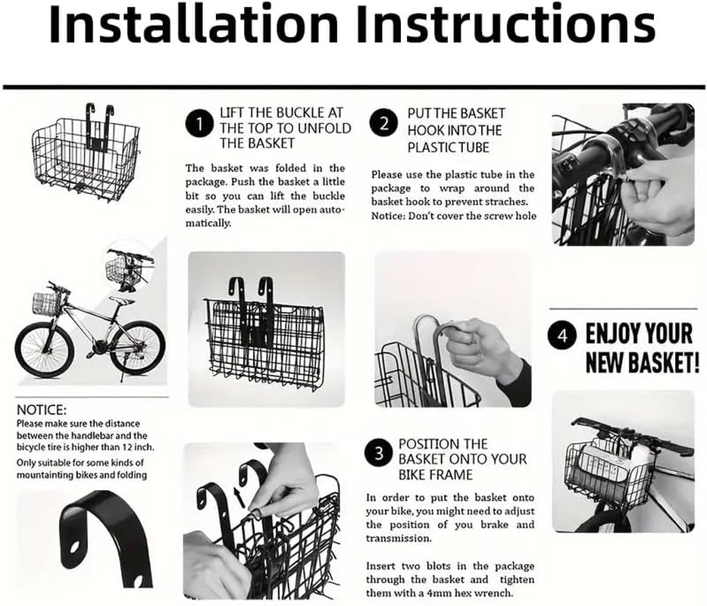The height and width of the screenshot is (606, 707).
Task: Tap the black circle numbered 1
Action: click(199, 123)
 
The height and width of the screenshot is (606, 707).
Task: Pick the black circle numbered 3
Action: click(379, 454)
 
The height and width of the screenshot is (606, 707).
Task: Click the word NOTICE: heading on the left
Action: click(42, 410)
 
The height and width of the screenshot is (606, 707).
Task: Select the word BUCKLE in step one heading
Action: click(299, 113)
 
